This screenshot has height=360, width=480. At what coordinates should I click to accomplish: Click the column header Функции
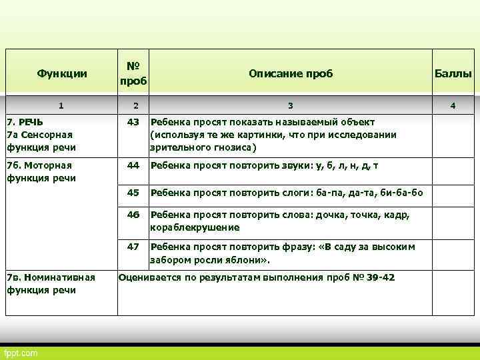tap(62, 73)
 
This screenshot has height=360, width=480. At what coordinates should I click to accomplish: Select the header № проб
tap(133, 73)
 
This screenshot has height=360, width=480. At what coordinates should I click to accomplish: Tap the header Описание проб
tap(290, 73)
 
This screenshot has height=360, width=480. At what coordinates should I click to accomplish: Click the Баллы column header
tap(453, 73)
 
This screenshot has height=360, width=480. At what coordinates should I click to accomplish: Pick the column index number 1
tap(61, 105)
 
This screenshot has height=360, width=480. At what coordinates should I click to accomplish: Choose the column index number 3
tap(290, 105)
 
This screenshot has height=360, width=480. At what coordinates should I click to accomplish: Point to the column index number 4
tap(453, 105)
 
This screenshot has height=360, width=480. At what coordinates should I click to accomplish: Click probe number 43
tap(133, 122)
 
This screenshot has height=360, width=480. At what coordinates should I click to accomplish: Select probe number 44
tap(133, 165)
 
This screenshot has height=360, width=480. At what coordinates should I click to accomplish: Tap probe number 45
tap(133, 193)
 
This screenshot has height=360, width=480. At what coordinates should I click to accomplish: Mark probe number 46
tap(133, 215)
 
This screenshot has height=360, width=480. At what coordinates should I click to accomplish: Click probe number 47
tap(133, 247)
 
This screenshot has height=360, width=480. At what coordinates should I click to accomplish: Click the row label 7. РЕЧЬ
tap(25, 122)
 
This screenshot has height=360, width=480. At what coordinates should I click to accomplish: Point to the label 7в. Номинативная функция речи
tap(51, 283)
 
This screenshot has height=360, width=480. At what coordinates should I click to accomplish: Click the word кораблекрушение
tap(195, 227)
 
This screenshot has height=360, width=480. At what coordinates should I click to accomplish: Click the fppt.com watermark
tap(21, 352)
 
